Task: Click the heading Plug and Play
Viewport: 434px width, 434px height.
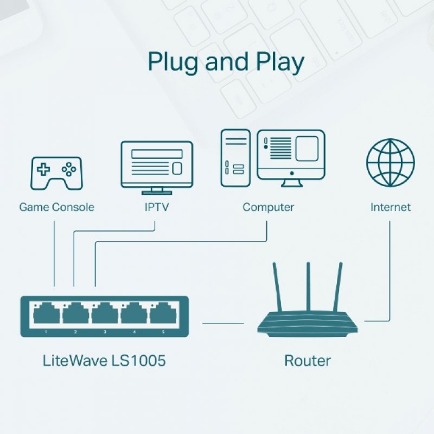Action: click(x=226, y=62)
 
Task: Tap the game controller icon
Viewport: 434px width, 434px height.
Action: click(x=56, y=173)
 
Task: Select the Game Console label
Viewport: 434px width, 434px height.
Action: click(x=56, y=207)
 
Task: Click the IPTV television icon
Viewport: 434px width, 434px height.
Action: click(x=157, y=163)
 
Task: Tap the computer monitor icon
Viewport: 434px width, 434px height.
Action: click(x=291, y=155)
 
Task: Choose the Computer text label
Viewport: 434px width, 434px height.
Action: click(x=268, y=207)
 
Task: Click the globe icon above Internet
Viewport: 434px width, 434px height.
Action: click(x=391, y=162)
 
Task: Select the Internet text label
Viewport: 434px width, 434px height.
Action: click(x=391, y=207)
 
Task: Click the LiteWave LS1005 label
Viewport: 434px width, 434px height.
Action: click(x=104, y=360)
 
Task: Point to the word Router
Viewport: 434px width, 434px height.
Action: click(x=308, y=360)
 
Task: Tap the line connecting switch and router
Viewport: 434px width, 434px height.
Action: click(x=223, y=324)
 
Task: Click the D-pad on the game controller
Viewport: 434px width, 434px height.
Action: click(x=43, y=169)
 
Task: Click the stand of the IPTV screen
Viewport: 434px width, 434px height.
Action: click(x=157, y=190)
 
